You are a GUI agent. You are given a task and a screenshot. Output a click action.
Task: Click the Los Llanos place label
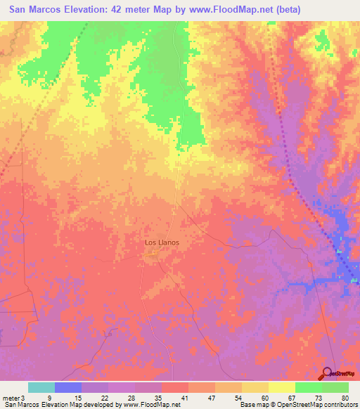coord(162,242)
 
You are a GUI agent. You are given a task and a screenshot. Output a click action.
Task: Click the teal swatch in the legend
coord(41,387)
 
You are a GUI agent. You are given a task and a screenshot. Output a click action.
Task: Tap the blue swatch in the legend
coord(68,387)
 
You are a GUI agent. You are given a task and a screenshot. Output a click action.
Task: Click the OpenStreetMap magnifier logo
coord(328,373)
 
